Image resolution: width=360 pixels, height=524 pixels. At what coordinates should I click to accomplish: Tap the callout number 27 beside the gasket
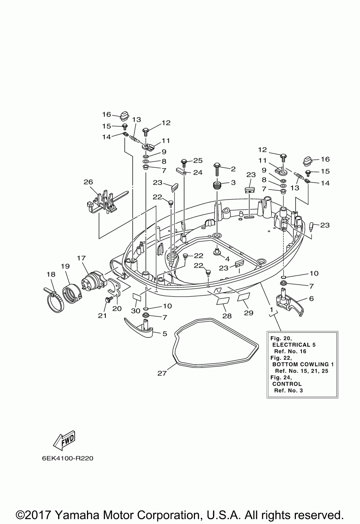[x=162, y=373]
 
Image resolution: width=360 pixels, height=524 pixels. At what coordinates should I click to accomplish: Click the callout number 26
[x=88, y=182]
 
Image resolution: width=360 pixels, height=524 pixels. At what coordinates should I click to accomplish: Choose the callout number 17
[x=81, y=258]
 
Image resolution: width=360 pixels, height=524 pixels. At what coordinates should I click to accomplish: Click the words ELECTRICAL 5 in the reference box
[x=294, y=344]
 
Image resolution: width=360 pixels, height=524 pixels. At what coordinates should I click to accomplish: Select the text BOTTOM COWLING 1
[x=303, y=364]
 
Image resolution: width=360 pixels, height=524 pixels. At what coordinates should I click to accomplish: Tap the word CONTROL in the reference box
[x=287, y=384]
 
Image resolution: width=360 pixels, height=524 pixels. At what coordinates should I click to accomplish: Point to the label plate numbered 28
[x=223, y=301]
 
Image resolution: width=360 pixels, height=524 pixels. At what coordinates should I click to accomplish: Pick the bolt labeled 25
[x=184, y=163]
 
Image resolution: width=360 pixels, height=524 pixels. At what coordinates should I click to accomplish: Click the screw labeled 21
[x=109, y=299]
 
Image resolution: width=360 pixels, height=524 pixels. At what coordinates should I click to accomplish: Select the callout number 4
[x=227, y=259]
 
